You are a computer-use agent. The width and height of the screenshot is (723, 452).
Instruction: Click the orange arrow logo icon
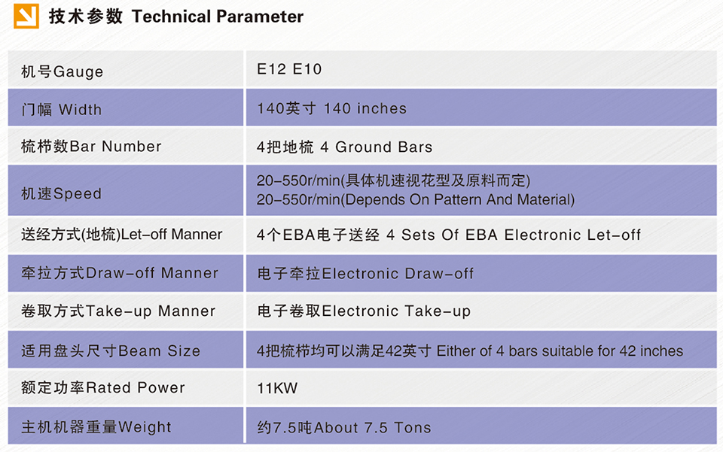[26, 16]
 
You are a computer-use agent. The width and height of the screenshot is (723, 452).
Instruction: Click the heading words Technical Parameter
[218, 17]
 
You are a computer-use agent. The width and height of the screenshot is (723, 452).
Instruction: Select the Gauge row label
[63, 71]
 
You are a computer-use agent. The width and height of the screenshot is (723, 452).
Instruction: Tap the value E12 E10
[289, 69]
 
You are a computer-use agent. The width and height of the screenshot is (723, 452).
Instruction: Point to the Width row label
[61, 110]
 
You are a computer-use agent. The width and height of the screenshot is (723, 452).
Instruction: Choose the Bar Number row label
[91, 147]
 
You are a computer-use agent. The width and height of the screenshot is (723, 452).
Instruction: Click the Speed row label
[61, 194]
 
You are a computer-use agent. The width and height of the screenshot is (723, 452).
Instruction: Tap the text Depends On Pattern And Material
[459, 200]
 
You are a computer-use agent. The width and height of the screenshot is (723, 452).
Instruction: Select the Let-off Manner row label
[122, 235]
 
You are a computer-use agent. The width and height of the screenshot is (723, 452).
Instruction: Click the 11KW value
[277, 388]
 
